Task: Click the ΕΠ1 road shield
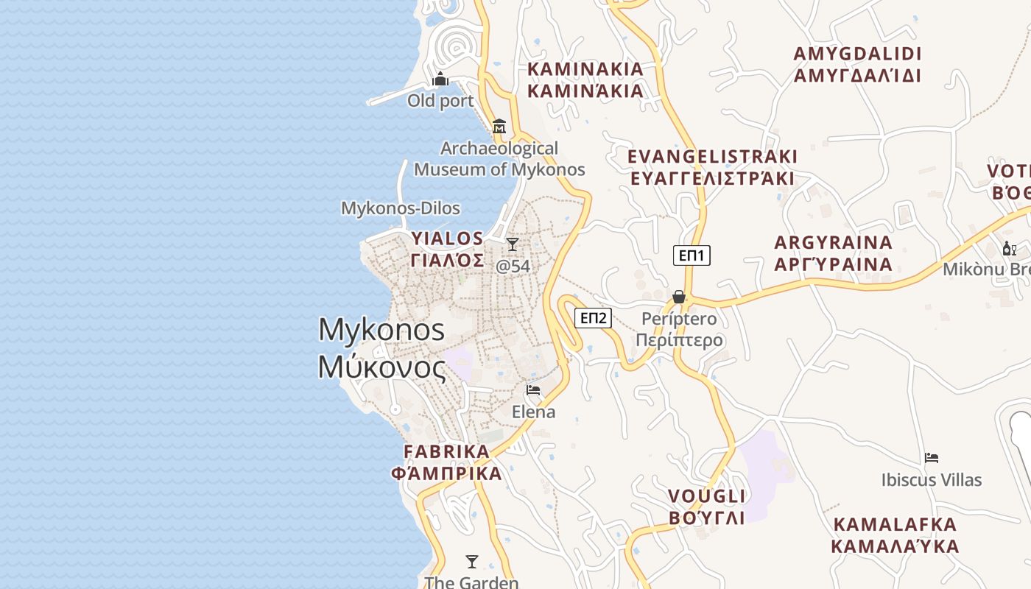tap(692, 255)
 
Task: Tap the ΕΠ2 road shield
tap(593, 318)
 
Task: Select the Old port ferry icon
tap(440, 79)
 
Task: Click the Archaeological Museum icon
tap(499, 126)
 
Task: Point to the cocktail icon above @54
tap(513, 244)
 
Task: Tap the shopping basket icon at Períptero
tap(679, 297)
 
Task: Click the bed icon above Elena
tap(533, 390)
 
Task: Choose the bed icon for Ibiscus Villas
tap(932, 458)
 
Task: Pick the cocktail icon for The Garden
tap(472, 562)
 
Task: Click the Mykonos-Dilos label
tap(401, 208)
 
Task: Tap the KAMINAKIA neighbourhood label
tap(585, 80)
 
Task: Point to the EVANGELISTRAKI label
tap(712, 167)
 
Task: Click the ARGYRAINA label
tap(834, 253)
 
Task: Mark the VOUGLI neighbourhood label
tap(706, 507)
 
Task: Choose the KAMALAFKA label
tap(895, 535)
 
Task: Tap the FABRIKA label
tap(446, 462)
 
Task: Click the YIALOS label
tap(447, 249)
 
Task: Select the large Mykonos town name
tap(381, 348)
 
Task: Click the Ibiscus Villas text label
tap(932, 480)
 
